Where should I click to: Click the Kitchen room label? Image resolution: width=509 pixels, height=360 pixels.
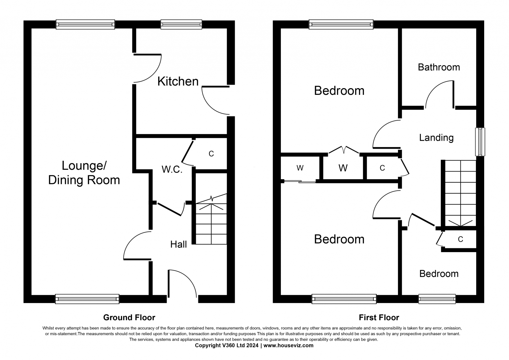point(178,81)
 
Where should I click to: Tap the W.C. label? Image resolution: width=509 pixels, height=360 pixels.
point(172,169)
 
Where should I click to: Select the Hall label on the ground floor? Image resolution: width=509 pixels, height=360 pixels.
point(178,244)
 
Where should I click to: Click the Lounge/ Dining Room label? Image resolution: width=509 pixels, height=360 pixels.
point(84,173)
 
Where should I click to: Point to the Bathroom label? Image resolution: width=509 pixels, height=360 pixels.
point(439,67)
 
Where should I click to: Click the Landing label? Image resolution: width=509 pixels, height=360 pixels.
point(436,138)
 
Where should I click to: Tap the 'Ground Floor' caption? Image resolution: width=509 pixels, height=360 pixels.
point(129,317)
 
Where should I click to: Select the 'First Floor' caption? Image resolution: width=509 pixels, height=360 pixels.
point(379,317)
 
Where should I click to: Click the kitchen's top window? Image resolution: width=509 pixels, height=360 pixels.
point(181,24)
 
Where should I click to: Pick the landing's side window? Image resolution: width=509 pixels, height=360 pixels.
point(480,142)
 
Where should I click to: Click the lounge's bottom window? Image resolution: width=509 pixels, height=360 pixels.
point(87,299)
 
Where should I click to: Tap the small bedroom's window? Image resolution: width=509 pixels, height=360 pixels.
point(437,299)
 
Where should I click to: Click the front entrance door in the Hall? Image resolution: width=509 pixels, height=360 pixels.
point(182,283)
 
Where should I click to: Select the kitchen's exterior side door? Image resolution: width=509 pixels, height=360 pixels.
point(215,100)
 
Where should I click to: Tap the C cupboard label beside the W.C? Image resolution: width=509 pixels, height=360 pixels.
point(211,154)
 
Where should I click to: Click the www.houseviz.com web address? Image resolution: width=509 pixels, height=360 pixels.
point(288,345)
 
